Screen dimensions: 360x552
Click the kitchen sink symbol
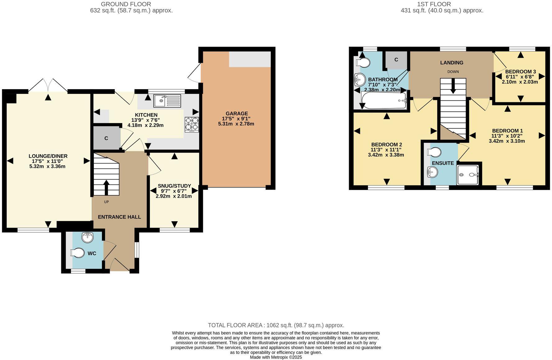167,100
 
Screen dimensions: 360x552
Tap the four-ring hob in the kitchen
191,124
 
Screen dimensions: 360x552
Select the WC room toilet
78,253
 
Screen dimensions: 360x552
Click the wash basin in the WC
88,238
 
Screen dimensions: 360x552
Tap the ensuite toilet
435,152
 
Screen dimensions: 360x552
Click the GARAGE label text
237,113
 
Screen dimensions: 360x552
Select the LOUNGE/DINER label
48,156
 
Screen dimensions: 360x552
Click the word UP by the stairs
106,202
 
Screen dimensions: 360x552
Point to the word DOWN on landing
453,72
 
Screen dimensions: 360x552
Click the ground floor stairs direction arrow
106,187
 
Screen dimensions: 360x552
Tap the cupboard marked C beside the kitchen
106,138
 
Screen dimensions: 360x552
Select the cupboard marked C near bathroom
396,60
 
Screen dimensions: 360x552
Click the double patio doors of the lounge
48,85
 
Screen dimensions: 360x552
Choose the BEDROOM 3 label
520,72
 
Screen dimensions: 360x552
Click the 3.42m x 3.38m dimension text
386,155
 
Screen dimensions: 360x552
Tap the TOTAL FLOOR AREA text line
276,325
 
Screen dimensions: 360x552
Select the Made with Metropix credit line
276,357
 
